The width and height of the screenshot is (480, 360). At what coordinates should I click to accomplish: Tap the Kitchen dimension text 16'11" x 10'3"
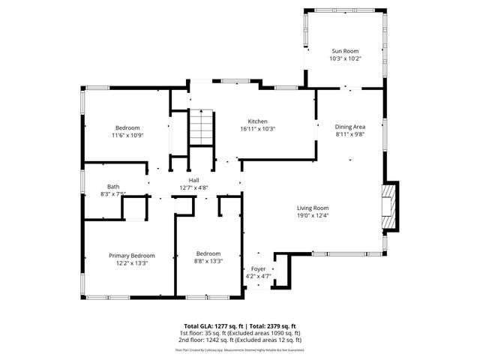(258, 129)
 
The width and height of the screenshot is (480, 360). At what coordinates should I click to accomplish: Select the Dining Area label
(349, 127)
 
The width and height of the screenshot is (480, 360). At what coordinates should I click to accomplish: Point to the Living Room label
(313, 208)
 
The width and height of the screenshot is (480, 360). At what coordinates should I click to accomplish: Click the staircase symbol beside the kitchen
(201, 127)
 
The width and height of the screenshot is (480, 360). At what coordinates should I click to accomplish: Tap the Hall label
(193, 180)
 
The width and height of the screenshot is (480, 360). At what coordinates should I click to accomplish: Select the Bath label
(113, 187)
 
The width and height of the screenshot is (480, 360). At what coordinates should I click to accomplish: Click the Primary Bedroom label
(132, 255)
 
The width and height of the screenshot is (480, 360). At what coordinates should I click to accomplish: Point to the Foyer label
(258, 268)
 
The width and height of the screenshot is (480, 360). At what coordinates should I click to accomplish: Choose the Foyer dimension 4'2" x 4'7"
(258, 276)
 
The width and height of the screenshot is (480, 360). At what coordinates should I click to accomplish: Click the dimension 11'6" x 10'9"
(127, 136)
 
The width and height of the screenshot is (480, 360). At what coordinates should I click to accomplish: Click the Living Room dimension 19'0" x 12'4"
(313, 216)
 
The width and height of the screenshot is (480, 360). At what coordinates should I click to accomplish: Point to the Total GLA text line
(240, 326)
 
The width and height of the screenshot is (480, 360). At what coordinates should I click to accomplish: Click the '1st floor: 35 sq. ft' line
(240, 333)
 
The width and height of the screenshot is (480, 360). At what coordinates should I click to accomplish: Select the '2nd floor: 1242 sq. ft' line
(240, 340)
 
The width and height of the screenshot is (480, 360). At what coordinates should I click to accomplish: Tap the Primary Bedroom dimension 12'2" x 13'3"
(132, 263)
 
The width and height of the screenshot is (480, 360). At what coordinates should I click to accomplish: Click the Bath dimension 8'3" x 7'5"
(113, 194)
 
